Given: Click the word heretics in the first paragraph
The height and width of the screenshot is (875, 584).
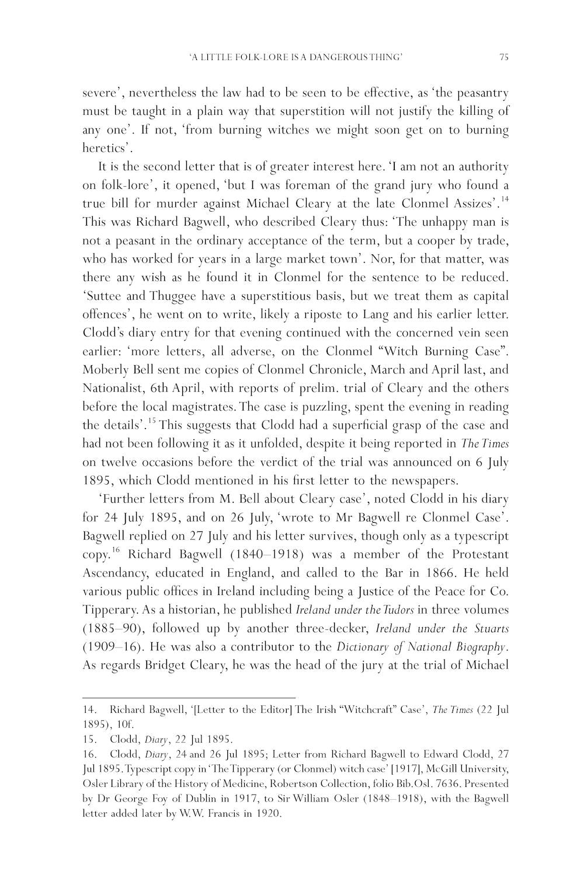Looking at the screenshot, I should coord(103,148).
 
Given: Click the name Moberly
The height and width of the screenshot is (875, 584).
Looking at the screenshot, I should coord(106,370).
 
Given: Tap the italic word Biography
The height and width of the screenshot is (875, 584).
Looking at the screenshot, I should coord(472,647).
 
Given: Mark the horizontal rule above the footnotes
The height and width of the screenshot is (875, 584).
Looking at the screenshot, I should coord(189,696).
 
